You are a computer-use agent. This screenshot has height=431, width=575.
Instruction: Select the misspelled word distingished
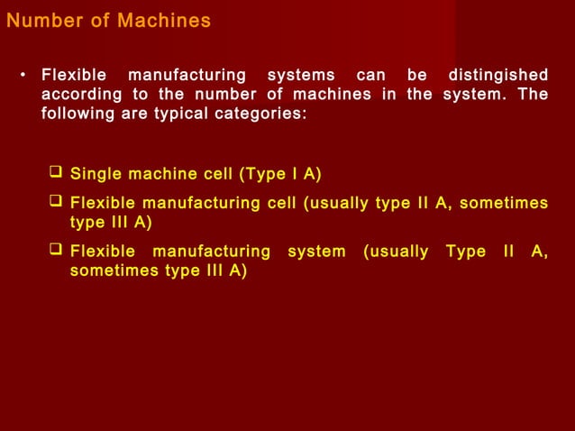(497, 74)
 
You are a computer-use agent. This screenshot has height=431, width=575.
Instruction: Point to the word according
(79, 95)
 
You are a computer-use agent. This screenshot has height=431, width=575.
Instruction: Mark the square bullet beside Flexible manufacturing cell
(57, 201)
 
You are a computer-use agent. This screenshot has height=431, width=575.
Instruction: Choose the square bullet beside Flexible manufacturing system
(57, 251)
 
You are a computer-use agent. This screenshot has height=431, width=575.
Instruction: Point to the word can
(370, 74)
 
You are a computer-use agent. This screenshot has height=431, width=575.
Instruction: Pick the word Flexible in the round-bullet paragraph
(74, 74)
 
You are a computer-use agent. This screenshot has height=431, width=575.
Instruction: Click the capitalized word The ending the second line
(534, 95)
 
